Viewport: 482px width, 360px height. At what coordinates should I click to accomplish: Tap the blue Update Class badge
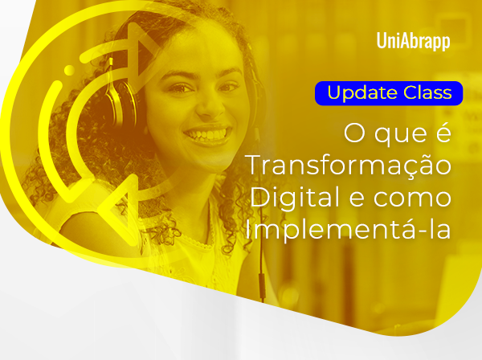tap(390, 92)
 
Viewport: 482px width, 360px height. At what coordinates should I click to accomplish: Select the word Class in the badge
tap(428, 92)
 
